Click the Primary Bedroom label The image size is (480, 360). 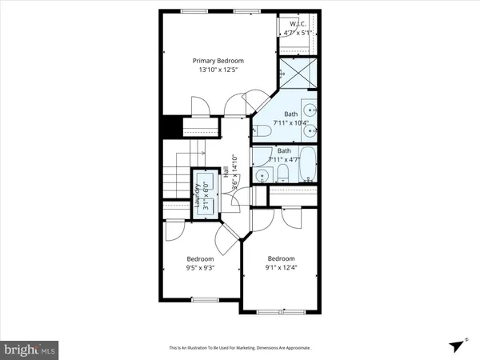click(218, 61)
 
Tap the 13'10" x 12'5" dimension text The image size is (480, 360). click(218, 70)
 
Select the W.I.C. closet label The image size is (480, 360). click(297, 26)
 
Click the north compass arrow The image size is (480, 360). click(457, 345)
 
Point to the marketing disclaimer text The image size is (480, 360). click(239, 348)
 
